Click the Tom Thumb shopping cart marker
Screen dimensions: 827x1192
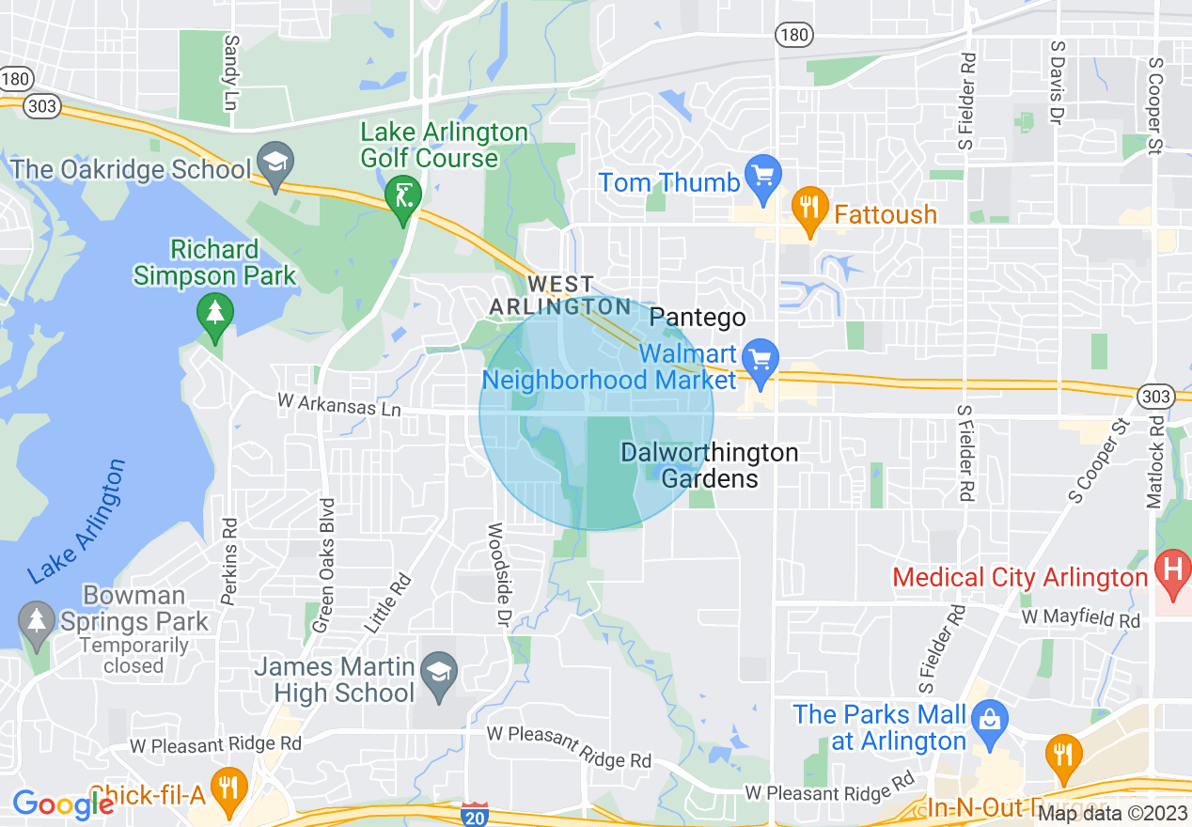763,176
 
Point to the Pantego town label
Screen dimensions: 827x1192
698,318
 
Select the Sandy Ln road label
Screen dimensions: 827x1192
230,71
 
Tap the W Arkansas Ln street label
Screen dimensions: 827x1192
339,405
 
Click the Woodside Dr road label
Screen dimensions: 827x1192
496,576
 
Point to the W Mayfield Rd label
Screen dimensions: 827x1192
1081,619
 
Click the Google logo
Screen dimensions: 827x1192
63,804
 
